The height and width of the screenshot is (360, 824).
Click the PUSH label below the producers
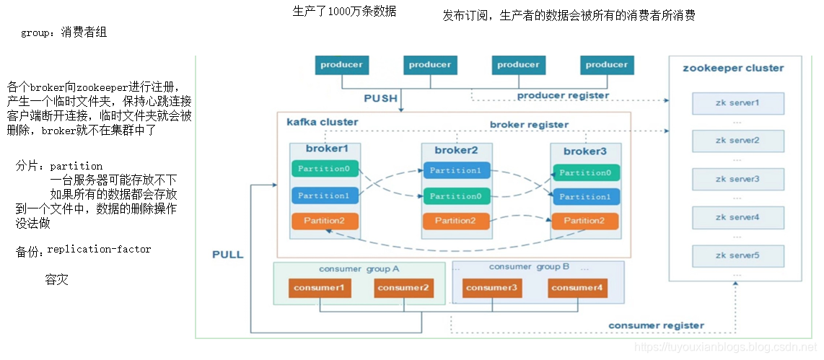tap(380, 98)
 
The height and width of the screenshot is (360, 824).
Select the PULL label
tap(227, 255)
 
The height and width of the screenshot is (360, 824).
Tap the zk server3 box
tap(737, 179)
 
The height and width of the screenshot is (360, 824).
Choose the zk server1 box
tap(737, 103)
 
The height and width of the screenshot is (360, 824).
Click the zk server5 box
tap(737, 255)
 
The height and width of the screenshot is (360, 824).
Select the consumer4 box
tap(577, 288)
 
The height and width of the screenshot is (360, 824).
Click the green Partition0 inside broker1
tap(324, 170)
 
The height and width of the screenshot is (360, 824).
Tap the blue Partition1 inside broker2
tap(457, 171)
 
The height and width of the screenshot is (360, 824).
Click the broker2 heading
tap(456, 151)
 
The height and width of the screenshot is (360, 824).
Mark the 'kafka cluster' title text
tap(322, 122)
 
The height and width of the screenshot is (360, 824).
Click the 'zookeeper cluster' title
tap(732, 69)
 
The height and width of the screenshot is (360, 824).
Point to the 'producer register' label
tap(563, 95)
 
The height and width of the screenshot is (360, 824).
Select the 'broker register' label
tap(528, 125)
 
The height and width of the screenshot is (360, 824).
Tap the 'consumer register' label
tap(656, 325)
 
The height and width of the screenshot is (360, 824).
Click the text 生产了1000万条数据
tap(344, 12)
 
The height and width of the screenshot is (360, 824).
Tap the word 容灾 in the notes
tap(56, 279)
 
